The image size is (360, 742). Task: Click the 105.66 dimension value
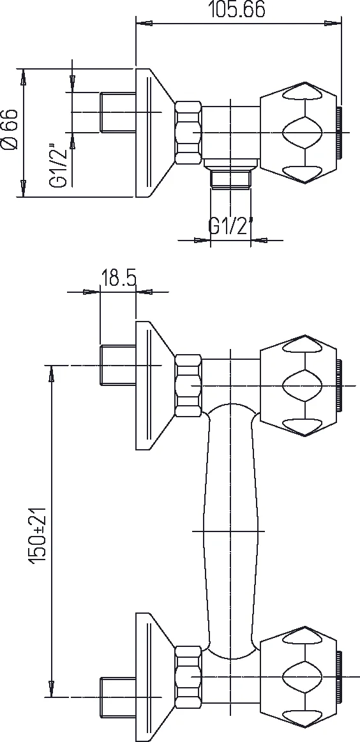(x=237, y=10)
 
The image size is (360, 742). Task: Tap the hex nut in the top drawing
(x=188, y=133)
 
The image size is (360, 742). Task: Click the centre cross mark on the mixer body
(x=230, y=531)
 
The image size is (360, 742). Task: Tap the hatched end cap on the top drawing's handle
(x=341, y=133)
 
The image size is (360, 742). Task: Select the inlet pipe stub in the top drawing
(x=117, y=114)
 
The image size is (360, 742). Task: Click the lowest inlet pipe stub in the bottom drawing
(x=117, y=697)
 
